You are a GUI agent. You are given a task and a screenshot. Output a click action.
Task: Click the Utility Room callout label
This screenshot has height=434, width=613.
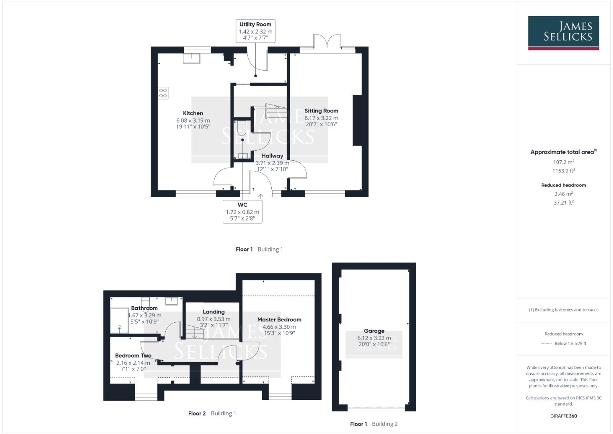(255, 25)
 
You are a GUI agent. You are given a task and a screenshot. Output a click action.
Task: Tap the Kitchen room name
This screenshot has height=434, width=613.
(193, 113)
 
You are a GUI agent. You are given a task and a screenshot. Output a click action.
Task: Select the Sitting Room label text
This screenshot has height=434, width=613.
(321, 111)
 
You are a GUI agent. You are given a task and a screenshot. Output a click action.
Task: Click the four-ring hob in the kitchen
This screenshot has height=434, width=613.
(163, 93)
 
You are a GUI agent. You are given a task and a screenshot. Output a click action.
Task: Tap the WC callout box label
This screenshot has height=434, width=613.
(242, 205)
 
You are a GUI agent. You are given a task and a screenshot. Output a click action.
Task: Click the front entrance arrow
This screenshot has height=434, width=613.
(261, 196)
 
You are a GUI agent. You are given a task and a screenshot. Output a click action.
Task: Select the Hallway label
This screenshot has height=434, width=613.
(272, 156)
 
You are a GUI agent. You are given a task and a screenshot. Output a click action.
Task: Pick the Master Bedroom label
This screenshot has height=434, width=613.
(279, 320)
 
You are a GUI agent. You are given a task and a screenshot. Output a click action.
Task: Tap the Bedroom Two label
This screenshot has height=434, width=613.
(133, 356)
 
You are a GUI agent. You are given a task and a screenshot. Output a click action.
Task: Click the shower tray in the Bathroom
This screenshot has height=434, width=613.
(120, 320)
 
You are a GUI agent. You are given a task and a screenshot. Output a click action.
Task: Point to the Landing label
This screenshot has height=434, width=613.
(214, 312)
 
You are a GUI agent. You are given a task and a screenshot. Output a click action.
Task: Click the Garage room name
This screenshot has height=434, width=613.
(374, 331)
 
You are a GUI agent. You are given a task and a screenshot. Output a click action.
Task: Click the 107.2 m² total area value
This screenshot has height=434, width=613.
(563, 162)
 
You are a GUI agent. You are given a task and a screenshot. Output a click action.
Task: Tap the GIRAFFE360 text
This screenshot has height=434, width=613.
(563, 416)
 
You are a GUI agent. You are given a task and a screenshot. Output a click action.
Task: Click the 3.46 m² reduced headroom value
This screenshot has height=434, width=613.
(563, 194)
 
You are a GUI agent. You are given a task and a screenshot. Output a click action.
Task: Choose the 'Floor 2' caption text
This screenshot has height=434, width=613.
(197, 414)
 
